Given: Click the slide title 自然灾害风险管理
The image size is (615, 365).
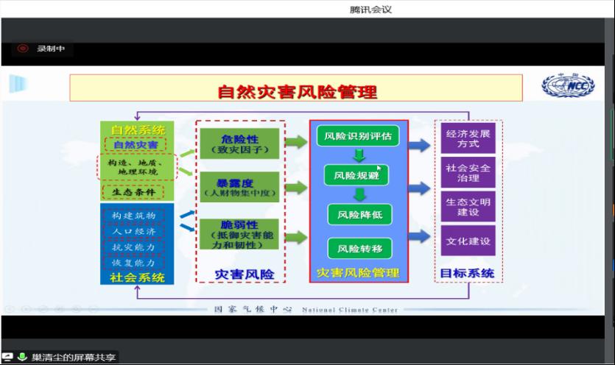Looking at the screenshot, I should click(x=297, y=91).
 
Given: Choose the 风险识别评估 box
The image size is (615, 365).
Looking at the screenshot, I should click(x=358, y=135).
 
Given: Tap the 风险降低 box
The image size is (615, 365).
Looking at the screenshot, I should click(x=359, y=215).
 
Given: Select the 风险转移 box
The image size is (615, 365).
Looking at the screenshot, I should click(x=359, y=247).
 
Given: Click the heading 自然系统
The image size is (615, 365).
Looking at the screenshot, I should click(x=138, y=130).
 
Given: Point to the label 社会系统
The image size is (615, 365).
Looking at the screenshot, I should click(x=138, y=277).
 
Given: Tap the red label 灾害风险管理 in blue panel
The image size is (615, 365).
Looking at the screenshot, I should click(x=358, y=273).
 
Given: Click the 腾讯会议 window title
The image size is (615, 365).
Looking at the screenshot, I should click(x=370, y=10).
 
